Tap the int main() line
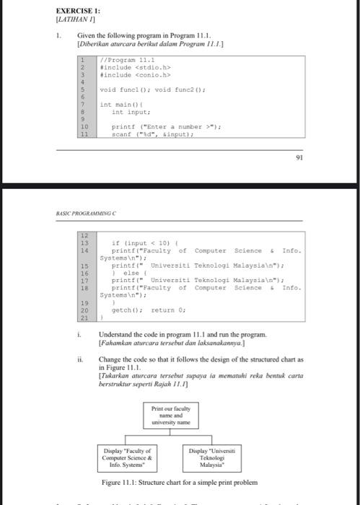point(122,105)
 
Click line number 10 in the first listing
point(84,127)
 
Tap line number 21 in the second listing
point(84,317)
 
